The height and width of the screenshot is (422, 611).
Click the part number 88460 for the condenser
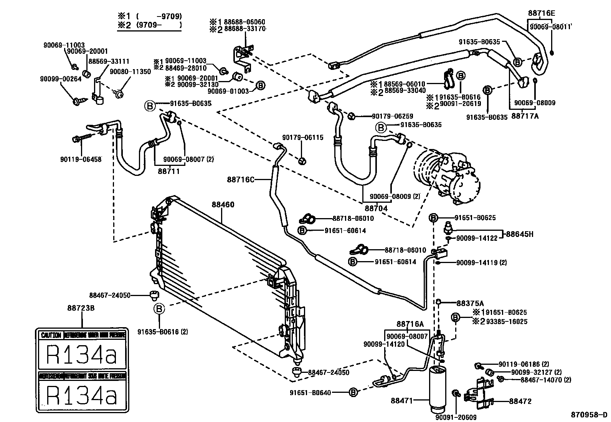223,205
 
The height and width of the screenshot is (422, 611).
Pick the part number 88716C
241,179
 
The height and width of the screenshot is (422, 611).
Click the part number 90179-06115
303,137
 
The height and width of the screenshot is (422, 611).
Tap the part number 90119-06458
81,159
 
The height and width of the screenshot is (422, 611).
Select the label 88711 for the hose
168,171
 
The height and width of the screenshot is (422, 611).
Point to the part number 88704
376,209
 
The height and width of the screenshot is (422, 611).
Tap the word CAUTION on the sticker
51,335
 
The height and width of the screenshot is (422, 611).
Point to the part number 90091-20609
456,418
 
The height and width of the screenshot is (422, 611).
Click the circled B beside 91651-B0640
353,392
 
